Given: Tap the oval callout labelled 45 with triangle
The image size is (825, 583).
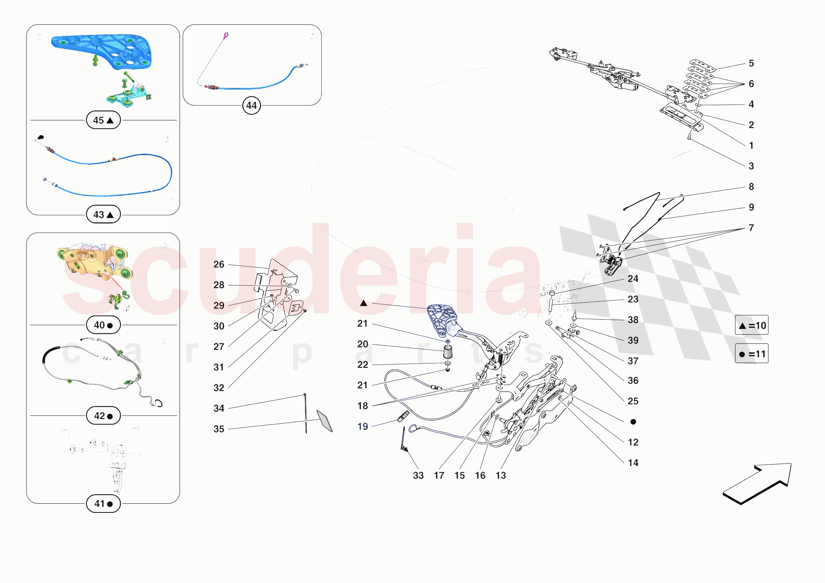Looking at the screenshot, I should pos(103,120).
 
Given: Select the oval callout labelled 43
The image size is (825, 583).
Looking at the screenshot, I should pos(103,215).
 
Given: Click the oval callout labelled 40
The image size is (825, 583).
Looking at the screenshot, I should pos(103,325).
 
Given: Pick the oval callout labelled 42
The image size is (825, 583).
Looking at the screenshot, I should pos(103,415).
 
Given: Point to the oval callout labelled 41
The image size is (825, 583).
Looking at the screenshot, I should pos(103,504).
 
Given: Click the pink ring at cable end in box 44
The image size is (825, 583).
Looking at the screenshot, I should pos(226,35).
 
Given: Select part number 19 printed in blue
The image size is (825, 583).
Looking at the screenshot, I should pos(363,426).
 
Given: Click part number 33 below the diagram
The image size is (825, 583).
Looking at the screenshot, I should pos(418,475).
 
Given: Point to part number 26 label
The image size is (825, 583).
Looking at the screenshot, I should pos(219,264).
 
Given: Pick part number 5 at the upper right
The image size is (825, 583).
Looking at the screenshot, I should pos(751,63).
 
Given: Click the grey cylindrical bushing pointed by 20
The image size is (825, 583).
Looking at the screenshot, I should pos(448,352).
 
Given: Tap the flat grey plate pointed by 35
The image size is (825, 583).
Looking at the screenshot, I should pos(324,421).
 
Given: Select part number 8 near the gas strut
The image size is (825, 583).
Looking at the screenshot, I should pos(751,186).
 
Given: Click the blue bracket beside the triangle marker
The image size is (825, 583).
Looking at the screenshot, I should pos(442,318).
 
